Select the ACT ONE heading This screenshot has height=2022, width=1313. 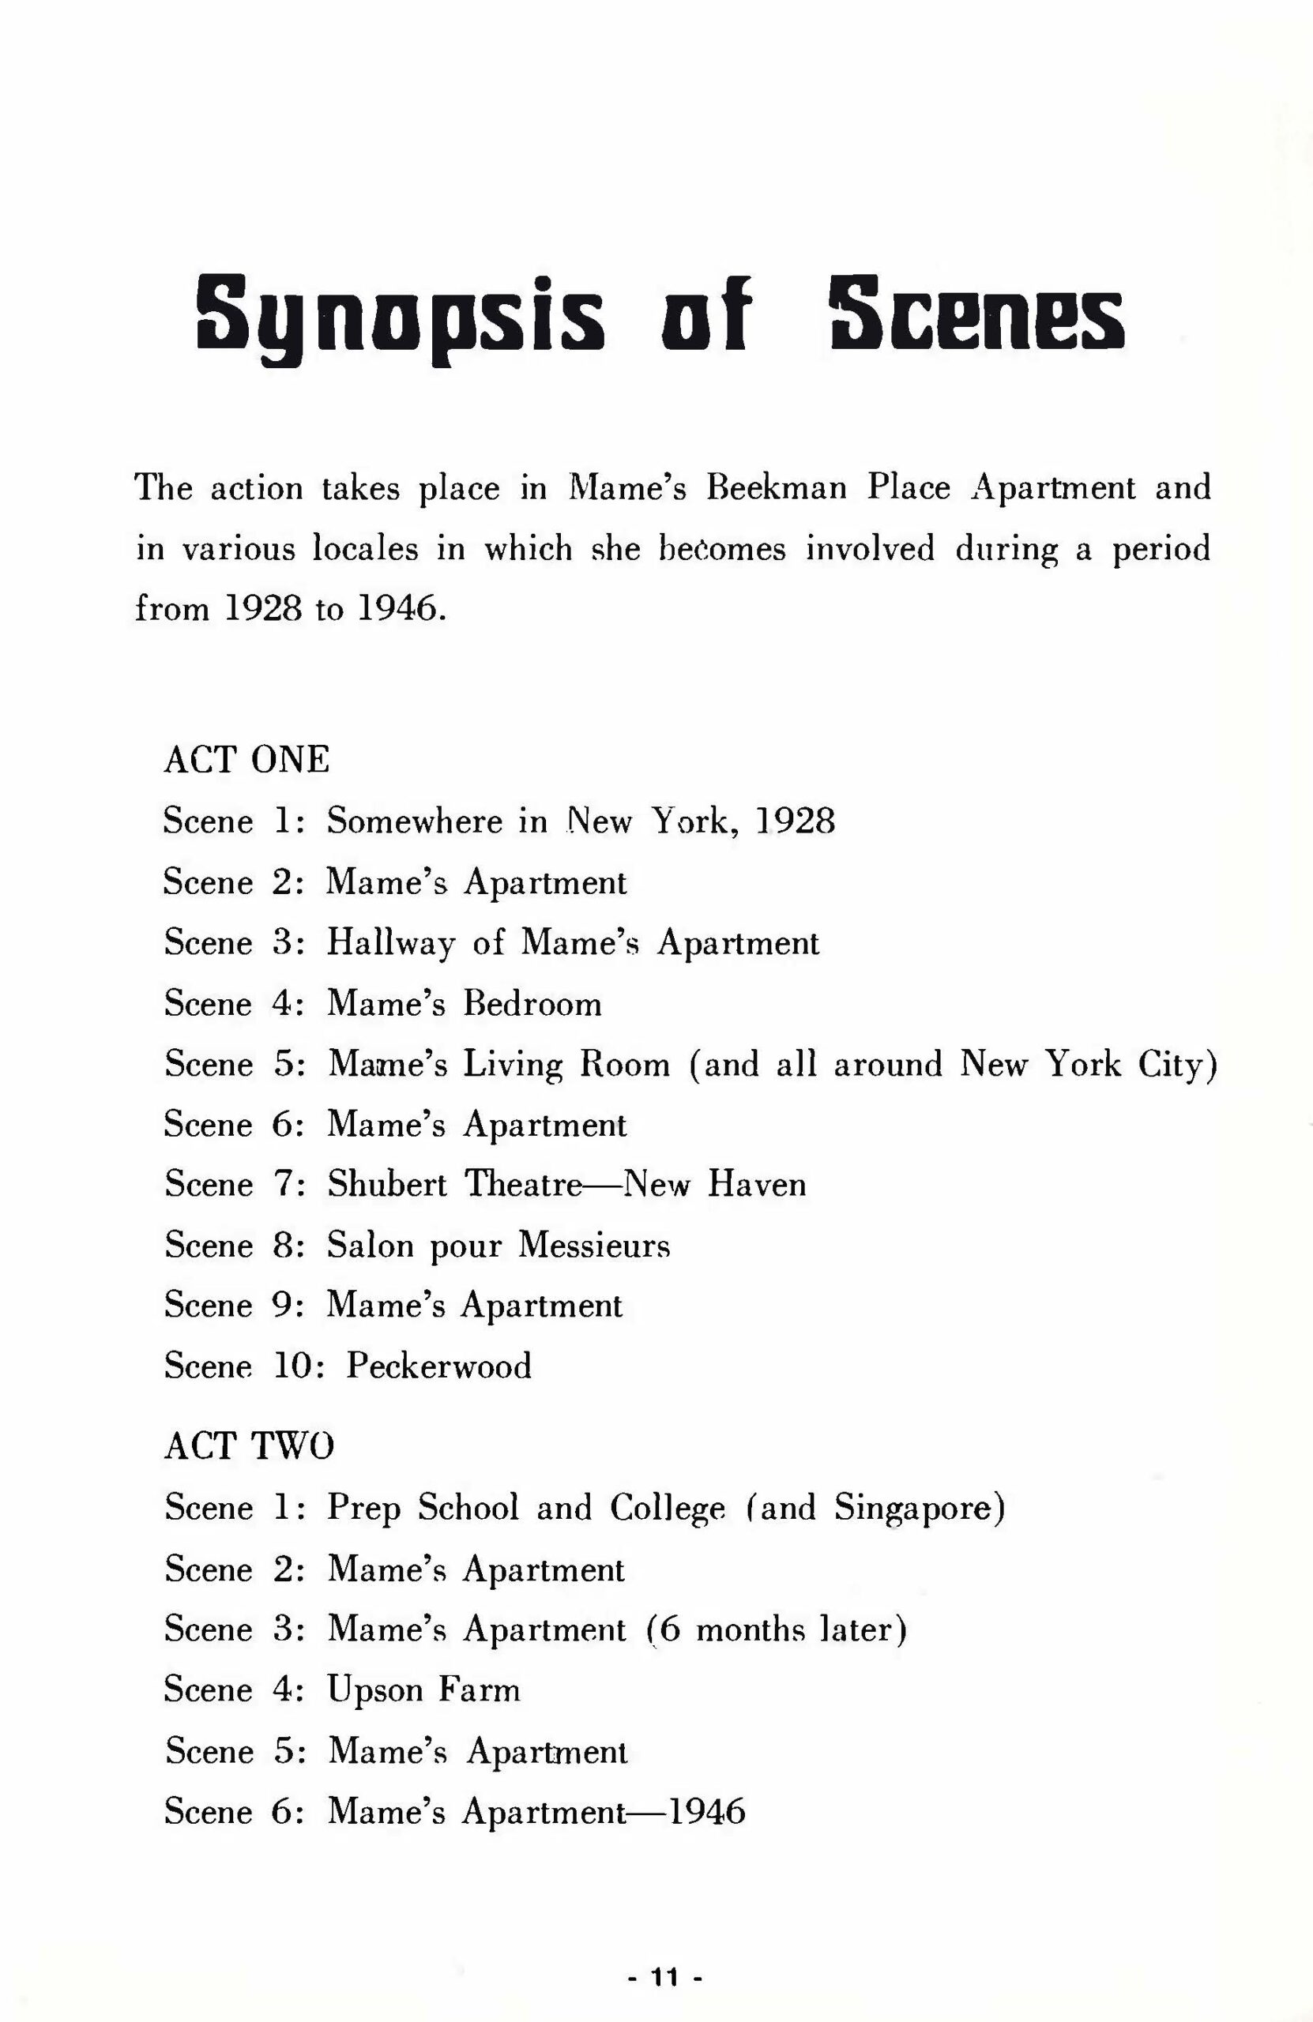coord(246,760)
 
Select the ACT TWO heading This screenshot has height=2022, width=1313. coord(249,1445)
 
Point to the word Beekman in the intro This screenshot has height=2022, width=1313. coord(777,487)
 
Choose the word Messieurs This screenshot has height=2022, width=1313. coord(594,1246)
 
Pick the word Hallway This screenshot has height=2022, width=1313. coord(391,943)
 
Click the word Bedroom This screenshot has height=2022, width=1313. coord(532,1004)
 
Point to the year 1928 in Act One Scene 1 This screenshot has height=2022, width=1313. coord(795,821)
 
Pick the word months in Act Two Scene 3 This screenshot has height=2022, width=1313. coord(751,1629)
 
